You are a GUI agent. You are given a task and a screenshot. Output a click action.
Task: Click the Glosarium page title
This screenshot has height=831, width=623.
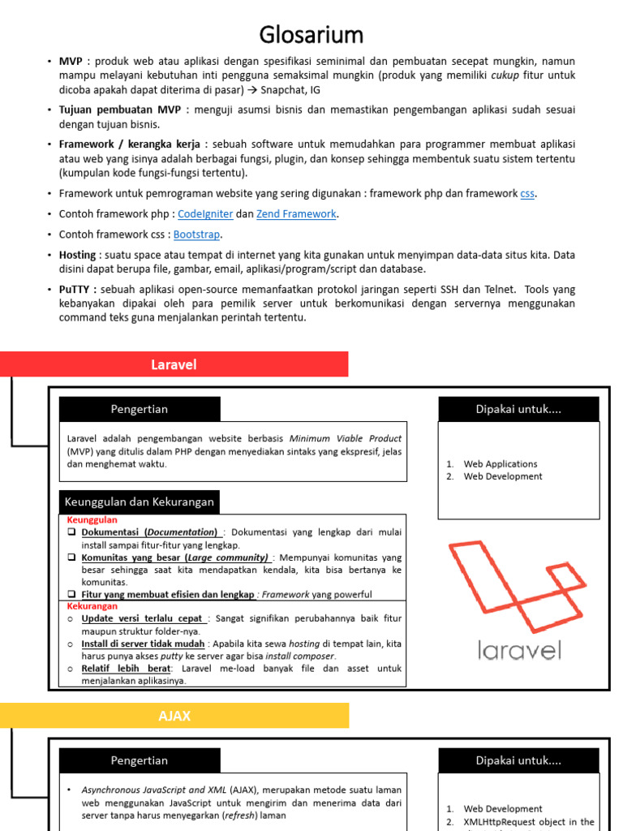click(311, 35)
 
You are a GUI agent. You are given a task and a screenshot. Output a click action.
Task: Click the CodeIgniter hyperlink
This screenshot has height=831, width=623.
click(205, 214)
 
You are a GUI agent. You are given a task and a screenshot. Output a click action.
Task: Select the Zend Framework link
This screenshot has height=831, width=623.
click(296, 214)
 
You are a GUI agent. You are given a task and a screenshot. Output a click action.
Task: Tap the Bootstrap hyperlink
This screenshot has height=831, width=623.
click(196, 235)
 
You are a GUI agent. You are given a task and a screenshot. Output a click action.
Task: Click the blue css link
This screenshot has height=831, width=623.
click(527, 194)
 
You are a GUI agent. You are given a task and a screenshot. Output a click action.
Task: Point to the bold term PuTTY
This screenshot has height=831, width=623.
click(77, 289)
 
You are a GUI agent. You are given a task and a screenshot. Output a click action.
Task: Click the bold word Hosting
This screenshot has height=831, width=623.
click(77, 255)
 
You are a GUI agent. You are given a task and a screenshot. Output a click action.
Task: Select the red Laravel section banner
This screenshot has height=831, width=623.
click(174, 364)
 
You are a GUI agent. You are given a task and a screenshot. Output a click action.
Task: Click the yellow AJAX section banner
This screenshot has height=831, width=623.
click(174, 716)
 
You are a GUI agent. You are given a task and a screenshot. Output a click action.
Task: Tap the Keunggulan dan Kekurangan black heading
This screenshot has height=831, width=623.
click(139, 502)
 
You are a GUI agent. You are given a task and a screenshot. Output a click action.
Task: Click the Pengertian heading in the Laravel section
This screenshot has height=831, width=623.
click(139, 409)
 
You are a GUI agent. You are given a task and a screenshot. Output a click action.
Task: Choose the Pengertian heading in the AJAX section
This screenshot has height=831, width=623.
click(139, 760)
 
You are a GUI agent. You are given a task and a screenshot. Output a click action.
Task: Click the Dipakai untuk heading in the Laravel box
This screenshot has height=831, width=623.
click(518, 409)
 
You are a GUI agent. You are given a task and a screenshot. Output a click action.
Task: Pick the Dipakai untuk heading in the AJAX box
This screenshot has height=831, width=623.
click(518, 760)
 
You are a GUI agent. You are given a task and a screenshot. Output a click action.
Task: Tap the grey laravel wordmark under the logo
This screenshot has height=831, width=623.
click(519, 650)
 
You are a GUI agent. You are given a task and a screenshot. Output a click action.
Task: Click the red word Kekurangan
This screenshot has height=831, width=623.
click(92, 606)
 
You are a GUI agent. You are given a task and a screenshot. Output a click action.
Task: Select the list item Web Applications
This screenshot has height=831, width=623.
click(500, 464)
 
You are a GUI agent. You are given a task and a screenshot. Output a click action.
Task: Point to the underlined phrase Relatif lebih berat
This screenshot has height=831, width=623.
click(126, 669)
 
